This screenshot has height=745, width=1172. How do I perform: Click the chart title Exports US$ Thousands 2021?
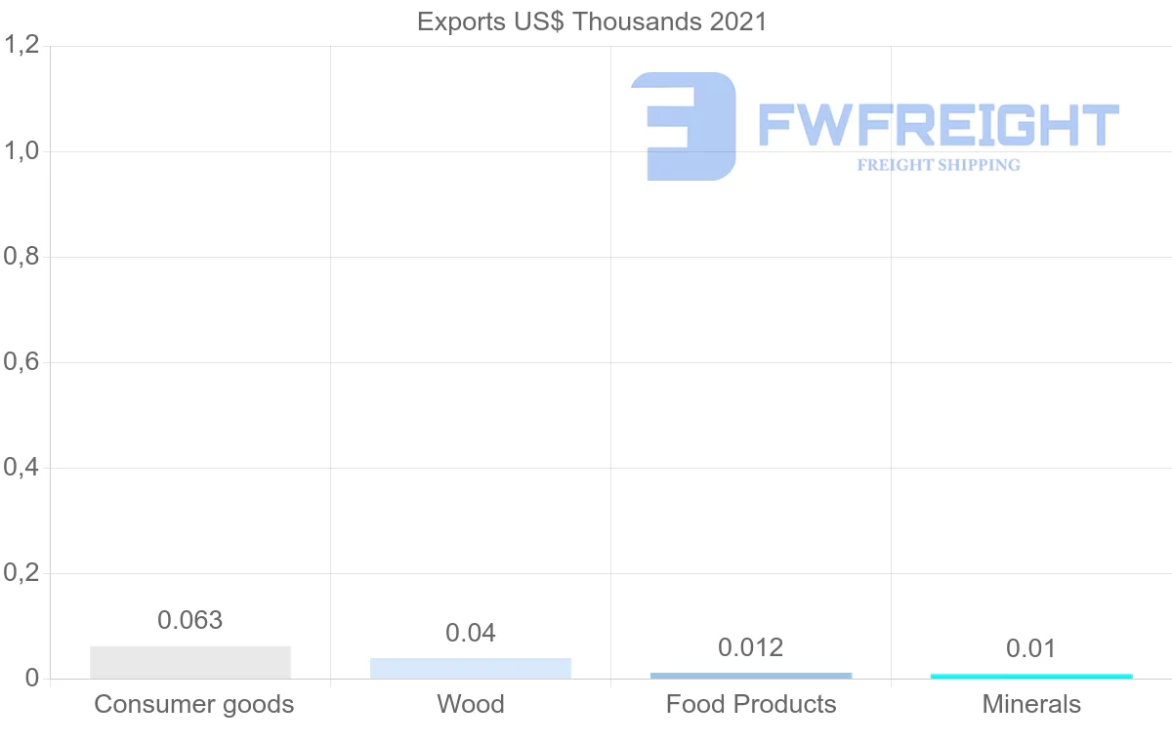tap(592, 21)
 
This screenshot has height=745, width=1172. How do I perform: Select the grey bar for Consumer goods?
tap(190, 662)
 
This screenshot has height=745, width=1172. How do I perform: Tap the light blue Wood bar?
tap(471, 668)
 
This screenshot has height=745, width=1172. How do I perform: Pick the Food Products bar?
tap(751, 675)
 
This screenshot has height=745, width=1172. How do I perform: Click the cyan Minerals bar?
tap(1031, 676)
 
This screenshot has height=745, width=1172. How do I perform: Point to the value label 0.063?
tap(190, 620)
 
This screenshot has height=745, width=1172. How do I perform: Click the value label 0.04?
tap(471, 633)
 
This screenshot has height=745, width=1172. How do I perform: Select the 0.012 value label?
tap(751, 647)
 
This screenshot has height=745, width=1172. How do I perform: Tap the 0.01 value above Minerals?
tap(1031, 648)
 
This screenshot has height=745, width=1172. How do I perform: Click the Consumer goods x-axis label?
tap(194, 704)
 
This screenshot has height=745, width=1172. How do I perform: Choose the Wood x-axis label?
tap(471, 704)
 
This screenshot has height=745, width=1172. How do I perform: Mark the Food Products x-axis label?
tap(751, 704)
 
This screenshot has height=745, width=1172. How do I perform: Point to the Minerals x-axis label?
tap(1031, 704)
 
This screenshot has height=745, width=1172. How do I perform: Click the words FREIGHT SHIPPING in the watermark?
tap(939, 165)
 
